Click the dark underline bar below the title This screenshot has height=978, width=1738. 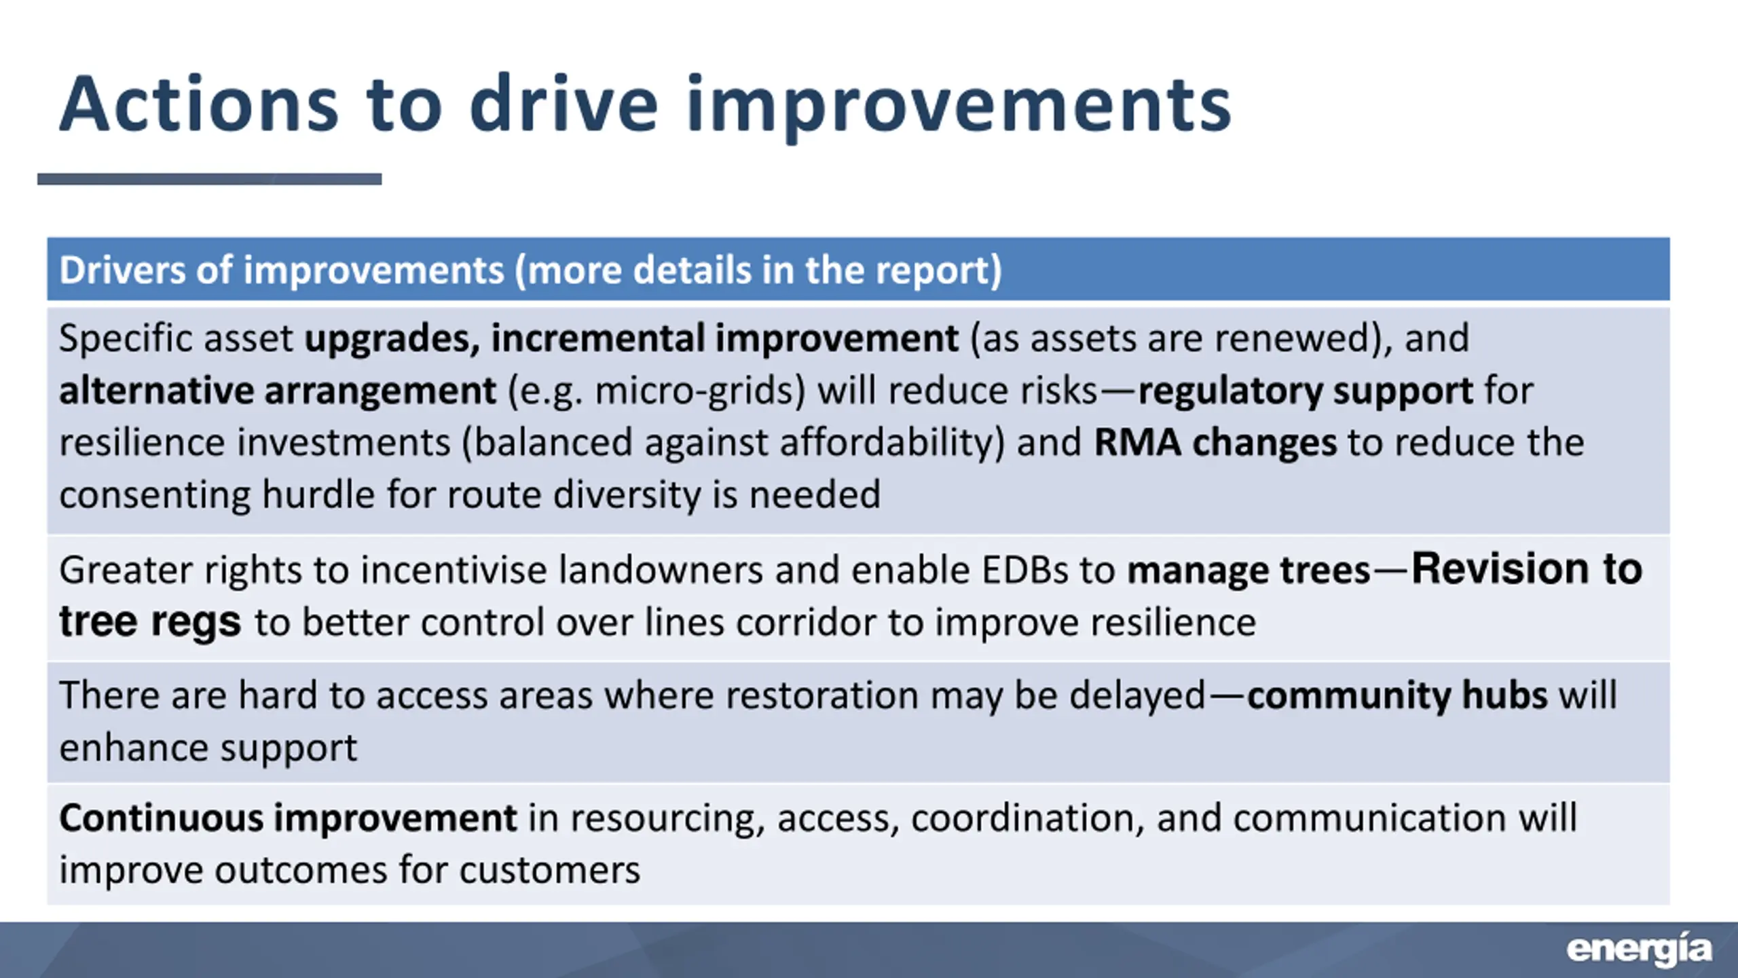(x=209, y=179)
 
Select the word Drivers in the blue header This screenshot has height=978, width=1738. (x=122, y=270)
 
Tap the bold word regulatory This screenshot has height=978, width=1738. (x=1229, y=391)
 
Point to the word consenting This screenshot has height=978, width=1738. (x=154, y=495)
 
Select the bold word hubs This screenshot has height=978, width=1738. (x=1504, y=695)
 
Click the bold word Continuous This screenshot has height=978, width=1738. (x=160, y=818)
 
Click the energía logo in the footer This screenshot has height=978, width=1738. (x=1639, y=949)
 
